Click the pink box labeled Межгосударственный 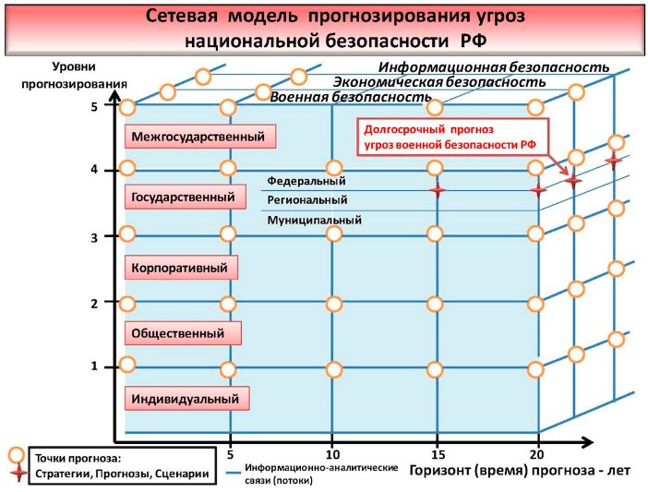point(200,137)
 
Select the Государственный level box point(186,197)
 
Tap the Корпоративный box point(181,268)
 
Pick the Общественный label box point(183,333)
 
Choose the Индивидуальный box point(187,399)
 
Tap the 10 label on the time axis point(332,455)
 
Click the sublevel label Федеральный point(306,181)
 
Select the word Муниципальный point(314,220)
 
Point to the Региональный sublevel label point(307,200)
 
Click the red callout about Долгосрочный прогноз point(453,137)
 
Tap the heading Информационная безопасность point(494,66)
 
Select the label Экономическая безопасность point(439,82)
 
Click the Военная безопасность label point(351,97)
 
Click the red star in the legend point(18,473)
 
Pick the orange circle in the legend point(17,455)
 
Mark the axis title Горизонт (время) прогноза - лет point(520,470)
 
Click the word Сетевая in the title point(182,17)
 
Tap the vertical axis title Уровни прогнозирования point(75,75)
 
